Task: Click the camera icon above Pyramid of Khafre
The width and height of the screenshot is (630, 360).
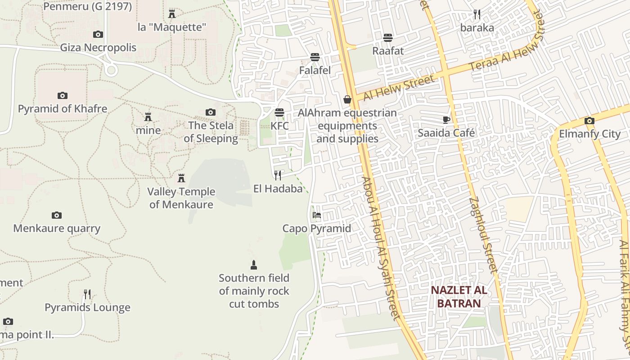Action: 63,95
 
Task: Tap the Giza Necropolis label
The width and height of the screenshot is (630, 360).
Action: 98,47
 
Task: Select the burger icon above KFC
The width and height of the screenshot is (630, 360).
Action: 279,112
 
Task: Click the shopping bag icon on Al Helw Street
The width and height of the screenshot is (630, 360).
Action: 347,99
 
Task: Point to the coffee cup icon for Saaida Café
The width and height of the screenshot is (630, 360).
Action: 446,120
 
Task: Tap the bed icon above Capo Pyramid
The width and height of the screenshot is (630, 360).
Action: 317,215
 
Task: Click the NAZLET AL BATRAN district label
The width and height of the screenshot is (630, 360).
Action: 459,296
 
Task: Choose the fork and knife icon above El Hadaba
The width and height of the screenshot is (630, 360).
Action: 278,175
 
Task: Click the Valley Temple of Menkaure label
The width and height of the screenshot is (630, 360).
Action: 181,198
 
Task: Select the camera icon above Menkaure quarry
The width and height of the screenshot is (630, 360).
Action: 57,215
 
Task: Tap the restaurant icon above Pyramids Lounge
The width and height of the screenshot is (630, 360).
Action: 87,294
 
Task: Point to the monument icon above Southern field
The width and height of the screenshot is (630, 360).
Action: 254,265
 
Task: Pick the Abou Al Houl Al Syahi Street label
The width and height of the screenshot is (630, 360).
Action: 382,247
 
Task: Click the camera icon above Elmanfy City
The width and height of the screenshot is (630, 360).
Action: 589,121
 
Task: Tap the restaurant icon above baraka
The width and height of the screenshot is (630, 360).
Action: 477,14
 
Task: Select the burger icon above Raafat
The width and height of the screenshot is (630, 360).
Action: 388,37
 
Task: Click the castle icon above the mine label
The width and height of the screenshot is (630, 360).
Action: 148,117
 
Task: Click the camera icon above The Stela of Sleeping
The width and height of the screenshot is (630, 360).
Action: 211,112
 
